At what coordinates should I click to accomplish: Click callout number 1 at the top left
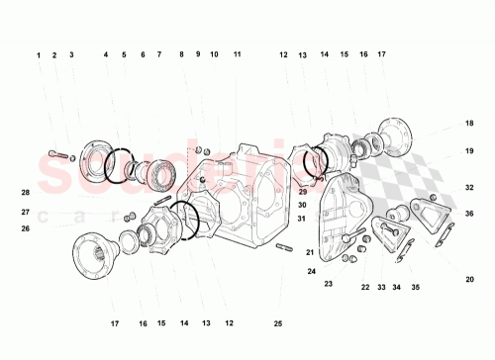pyautogui.click(x=40, y=54)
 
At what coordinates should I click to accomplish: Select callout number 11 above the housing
pyautogui.click(x=237, y=54)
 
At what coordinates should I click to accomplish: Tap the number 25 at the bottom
pyautogui.click(x=277, y=323)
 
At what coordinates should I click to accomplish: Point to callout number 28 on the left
pyautogui.click(x=26, y=192)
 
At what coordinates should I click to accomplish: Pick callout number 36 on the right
pyautogui.click(x=469, y=214)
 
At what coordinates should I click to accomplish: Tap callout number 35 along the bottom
pyautogui.click(x=416, y=288)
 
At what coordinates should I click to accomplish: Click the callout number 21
pyautogui.click(x=309, y=252)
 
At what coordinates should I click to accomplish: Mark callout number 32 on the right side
pyautogui.click(x=469, y=187)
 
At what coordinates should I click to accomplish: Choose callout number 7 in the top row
pyautogui.click(x=158, y=54)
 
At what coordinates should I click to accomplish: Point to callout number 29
pyautogui.click(x=302, y=192)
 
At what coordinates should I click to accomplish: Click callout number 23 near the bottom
pyautogui.click(x=328, y=284)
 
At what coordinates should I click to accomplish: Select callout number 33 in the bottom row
pyautogui.click(x=381, y=288)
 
